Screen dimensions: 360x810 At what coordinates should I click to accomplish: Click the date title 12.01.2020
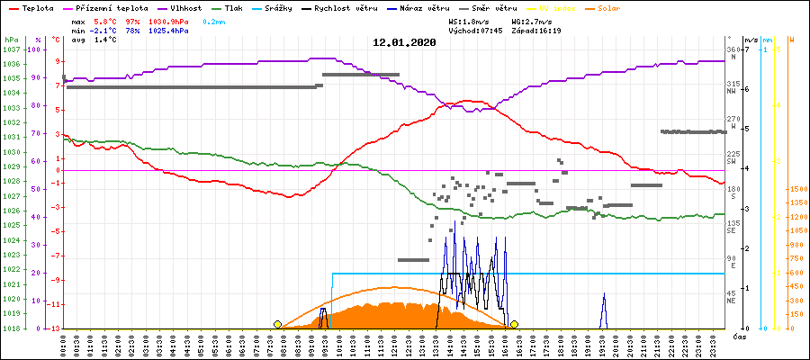point(404,42)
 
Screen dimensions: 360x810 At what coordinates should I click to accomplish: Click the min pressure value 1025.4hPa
point(168,31)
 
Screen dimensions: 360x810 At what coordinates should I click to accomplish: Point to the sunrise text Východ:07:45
point(482,31)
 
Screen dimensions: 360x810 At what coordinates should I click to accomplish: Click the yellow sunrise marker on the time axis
point(277,324)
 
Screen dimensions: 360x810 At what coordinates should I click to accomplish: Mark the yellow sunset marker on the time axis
point(514,324)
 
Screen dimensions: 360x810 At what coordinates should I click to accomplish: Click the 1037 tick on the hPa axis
point(11,49)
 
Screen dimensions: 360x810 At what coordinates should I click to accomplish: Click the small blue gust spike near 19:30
point(604,306)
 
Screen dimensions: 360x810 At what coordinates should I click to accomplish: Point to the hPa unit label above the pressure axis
point(11,40)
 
